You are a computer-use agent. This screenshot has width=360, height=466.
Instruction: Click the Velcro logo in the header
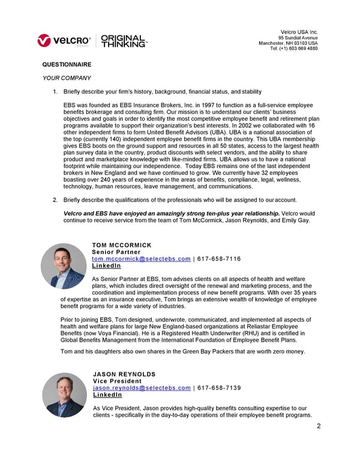pos(64,40)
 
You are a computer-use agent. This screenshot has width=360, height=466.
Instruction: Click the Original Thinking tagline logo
pos(124,40)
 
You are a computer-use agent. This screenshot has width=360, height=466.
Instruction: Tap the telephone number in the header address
pos(294,49)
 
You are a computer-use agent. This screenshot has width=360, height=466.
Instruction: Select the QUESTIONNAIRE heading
pos(67,64)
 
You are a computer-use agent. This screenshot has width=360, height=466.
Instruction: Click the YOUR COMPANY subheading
pos(67,78)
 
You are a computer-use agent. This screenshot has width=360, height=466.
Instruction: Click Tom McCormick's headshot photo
pos(64,266)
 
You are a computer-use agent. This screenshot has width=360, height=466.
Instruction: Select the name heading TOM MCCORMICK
pos(122,245)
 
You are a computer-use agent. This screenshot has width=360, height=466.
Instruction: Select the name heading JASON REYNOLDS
pos(124,374)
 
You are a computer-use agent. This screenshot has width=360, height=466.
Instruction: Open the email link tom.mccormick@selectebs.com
pos(142,258)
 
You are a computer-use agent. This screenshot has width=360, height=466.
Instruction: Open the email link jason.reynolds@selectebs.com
pos(142,388)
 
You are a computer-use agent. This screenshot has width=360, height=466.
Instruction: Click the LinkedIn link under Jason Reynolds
pos(107,395)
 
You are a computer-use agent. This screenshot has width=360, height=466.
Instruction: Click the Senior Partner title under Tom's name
pos(116,252)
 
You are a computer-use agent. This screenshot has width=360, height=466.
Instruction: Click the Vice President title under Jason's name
pos(118,381)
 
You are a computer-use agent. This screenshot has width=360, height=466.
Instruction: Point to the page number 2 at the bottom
pos(319,426)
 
